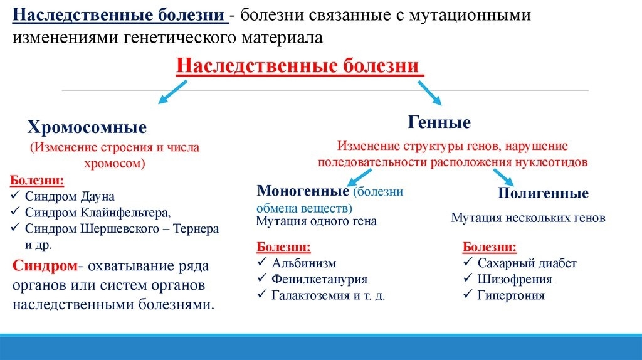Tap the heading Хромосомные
point(87,128)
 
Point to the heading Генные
point(439,122)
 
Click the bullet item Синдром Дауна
point(70,196)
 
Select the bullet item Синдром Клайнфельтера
point(97,213)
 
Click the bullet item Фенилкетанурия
point(319,279)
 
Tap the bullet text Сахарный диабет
point(527,263)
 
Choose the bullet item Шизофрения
point(515,279)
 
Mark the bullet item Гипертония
point(511,295)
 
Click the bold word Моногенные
point(303,191)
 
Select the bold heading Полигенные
point(543,193)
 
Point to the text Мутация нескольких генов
point(528,218)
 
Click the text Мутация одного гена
point(317,221)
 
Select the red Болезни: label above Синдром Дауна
point(37,181)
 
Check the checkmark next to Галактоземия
point(262,295)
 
